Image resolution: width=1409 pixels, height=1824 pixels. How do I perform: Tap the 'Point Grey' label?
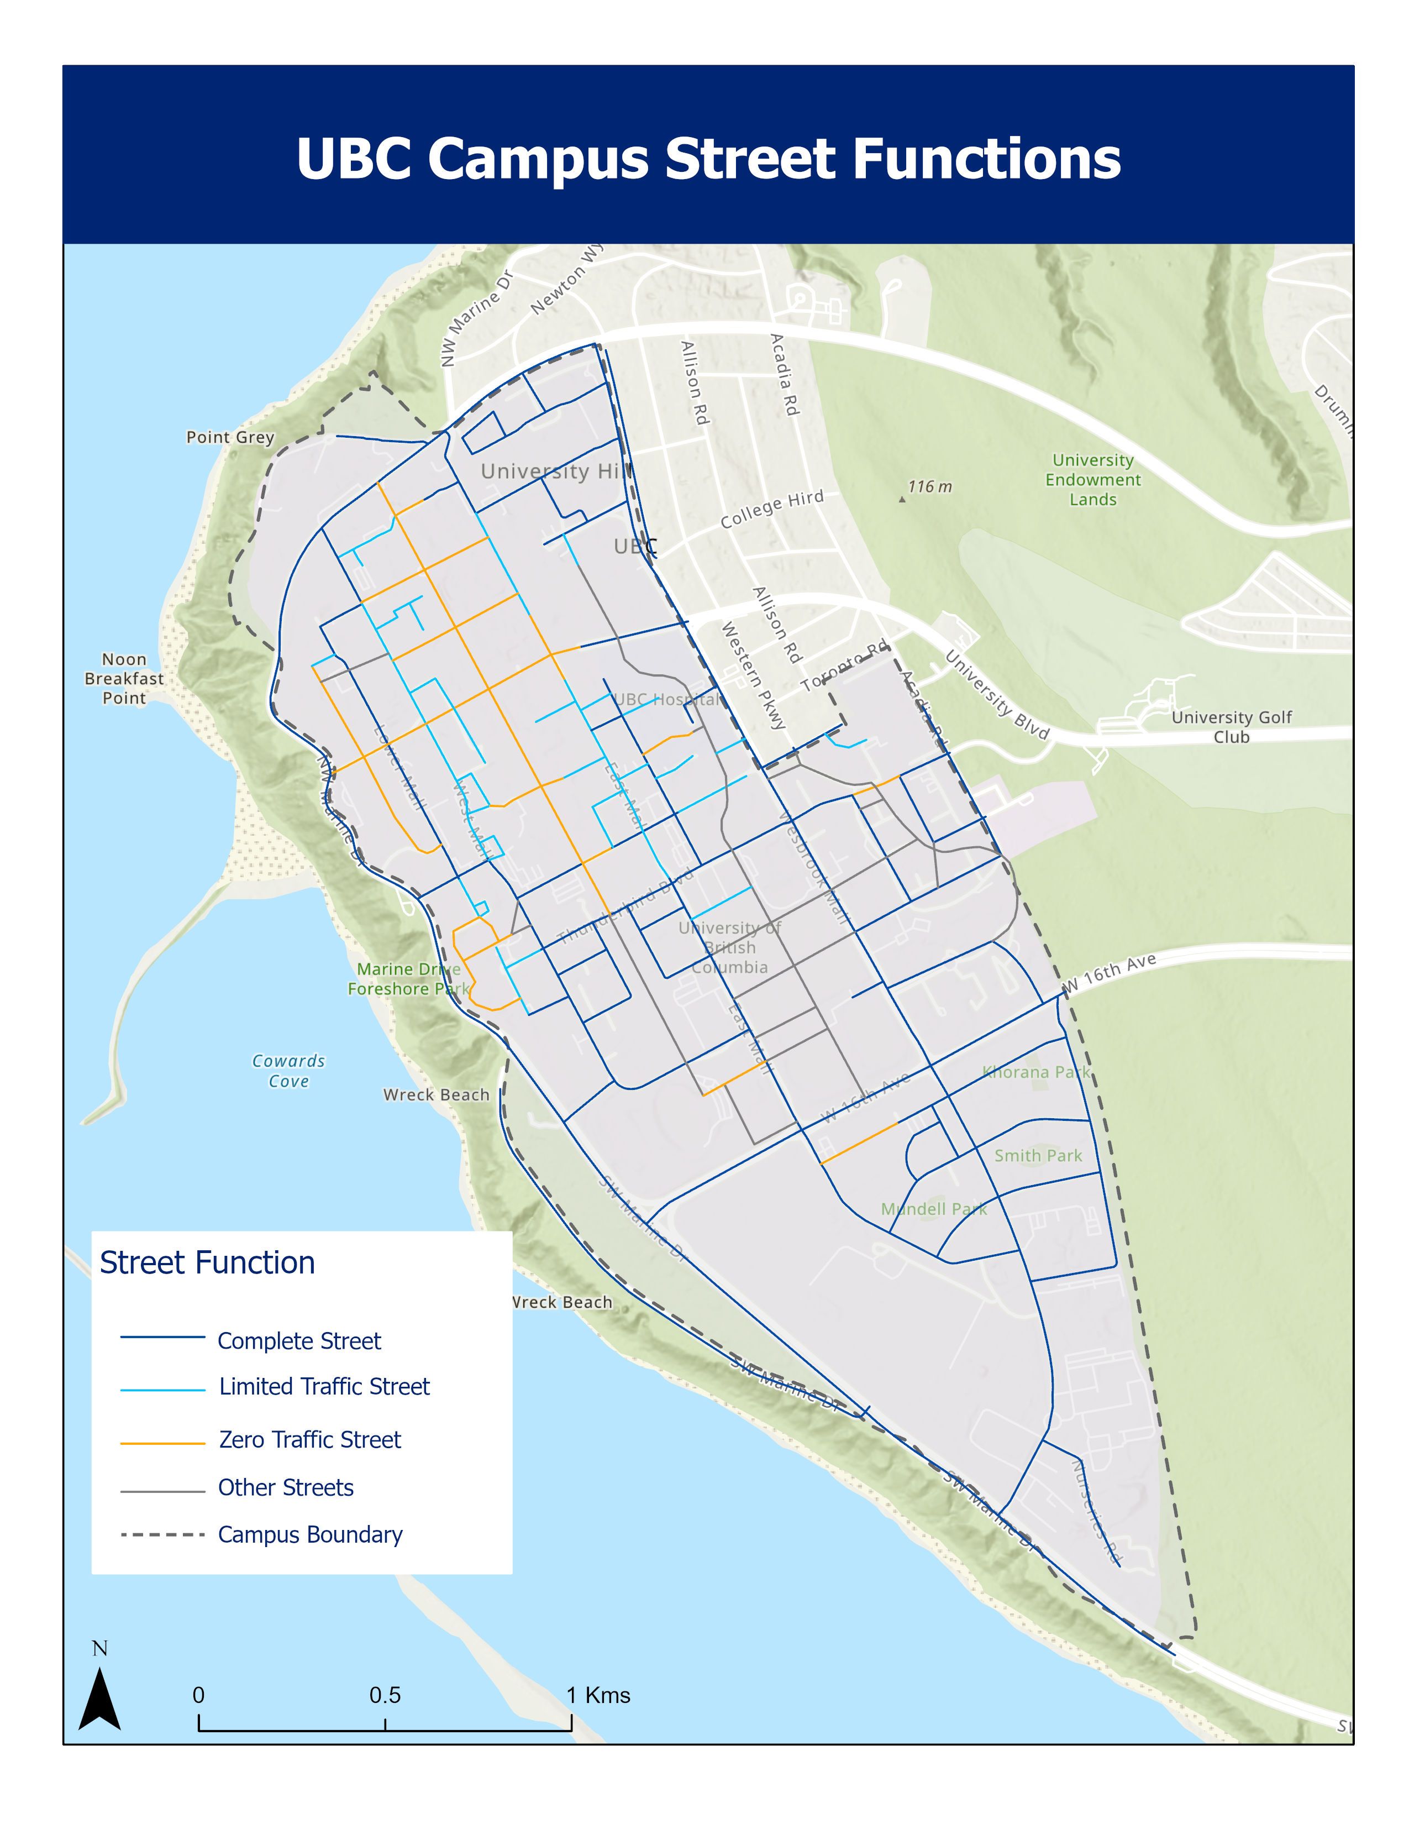click(x=229, y=437)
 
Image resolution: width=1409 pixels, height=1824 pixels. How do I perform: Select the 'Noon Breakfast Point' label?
click(x=124, y=678)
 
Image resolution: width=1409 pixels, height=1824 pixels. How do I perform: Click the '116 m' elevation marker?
click(x=928, y=487)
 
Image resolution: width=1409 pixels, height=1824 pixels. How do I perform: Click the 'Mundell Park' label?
click(x=933, y=1208)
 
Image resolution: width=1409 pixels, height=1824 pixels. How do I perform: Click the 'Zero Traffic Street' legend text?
click(x=309, y=1439)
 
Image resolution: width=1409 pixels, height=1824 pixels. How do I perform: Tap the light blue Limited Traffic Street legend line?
click(x=163, y=1390)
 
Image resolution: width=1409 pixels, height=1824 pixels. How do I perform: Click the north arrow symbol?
click(x=99, y=1700)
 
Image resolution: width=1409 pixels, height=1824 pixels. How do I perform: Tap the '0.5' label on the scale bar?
click(x=385, y=1695)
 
